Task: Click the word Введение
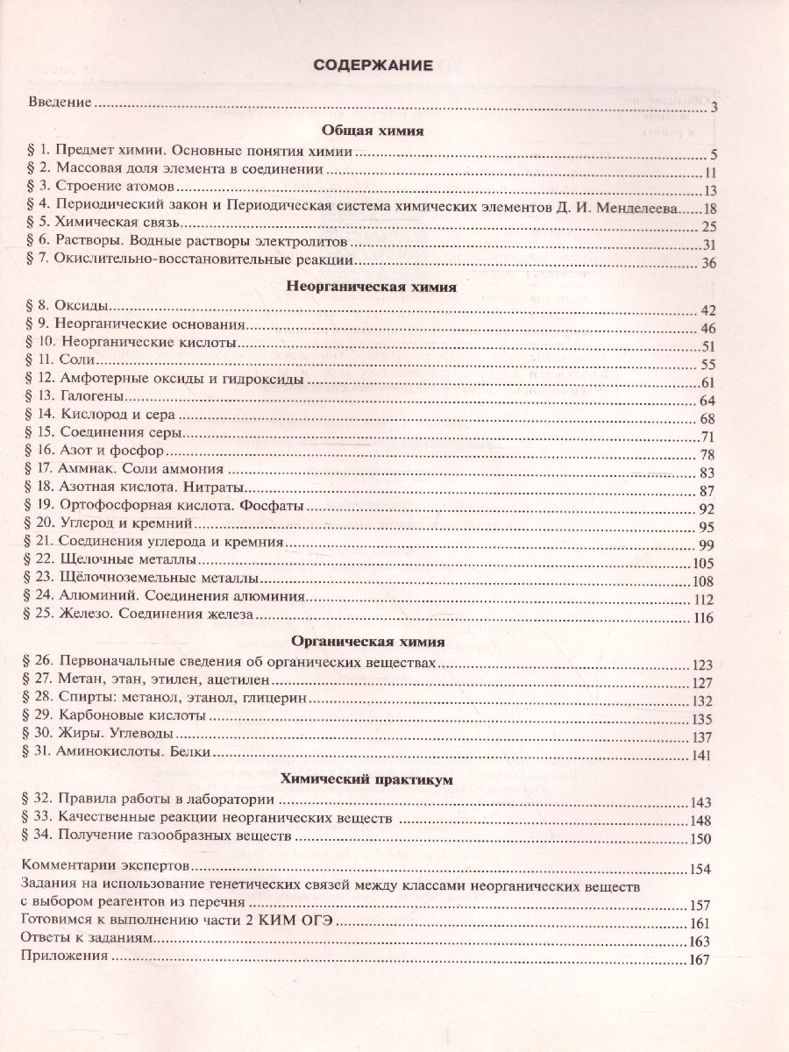[x=60, y=103]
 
